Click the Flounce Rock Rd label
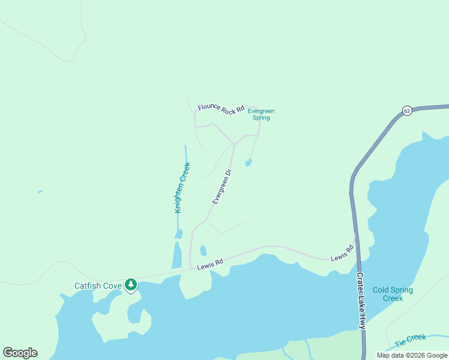(x=221, y=109)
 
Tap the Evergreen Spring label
(x=261, y=115)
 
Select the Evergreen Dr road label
(x=221, y=187)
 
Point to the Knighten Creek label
(x=182, y=187)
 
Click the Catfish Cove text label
(x=98, y=286)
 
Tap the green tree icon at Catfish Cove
(x=131, y=285)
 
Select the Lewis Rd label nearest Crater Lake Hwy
(x=342, y=253)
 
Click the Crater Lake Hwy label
(x=361, y=300)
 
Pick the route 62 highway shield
(x=407, y=111)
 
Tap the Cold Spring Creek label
(x=393, y=294)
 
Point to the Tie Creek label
(x=411, y=341)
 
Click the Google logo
(x=20, y=353)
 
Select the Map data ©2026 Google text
(x=412, y=355)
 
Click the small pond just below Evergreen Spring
(x=248, y=163)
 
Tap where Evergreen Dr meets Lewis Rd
(x=191, y=269)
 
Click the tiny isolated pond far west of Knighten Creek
(x=40, y=192)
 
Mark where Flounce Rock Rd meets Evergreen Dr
(x=234, y=145)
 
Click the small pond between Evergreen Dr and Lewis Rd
(x=203, y=250)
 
